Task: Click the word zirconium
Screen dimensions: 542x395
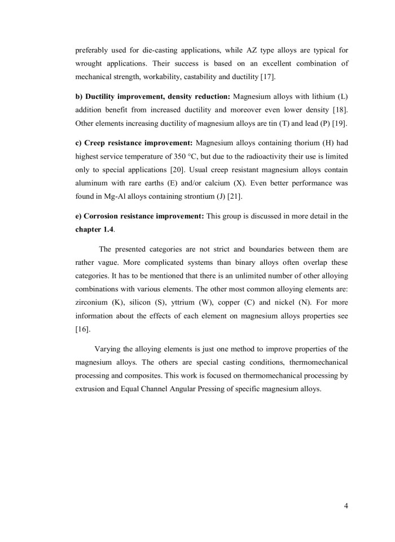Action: [93, 302]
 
